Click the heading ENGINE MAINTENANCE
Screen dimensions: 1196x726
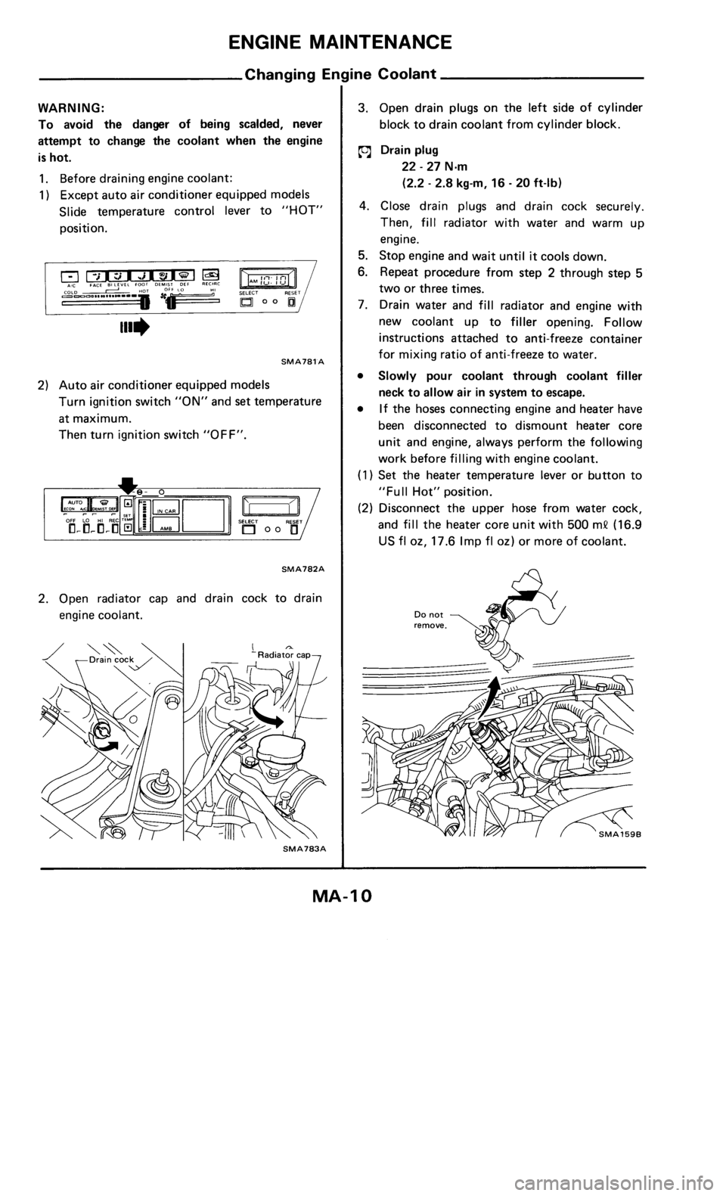point(363,41)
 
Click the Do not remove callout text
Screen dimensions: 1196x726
point(429,621)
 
